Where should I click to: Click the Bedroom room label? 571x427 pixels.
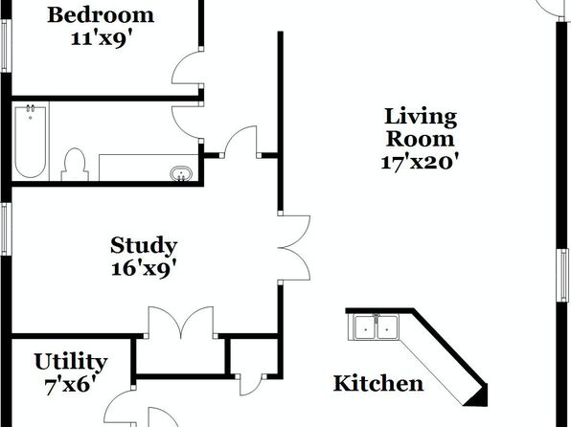click(101, 15)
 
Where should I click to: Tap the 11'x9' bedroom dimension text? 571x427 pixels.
click(101, 38)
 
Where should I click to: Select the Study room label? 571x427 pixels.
click(144, 246)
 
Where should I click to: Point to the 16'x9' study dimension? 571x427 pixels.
click(144, 269)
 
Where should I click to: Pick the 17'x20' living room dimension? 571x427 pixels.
click(420, 162)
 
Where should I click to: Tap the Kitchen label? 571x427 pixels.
click(378, 383)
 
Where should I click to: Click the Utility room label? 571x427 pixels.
click(71, 363)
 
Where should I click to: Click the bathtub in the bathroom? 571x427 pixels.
click(31, 142)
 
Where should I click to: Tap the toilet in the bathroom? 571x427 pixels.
click(75, 165)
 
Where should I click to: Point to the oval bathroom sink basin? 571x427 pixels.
click(181, 173)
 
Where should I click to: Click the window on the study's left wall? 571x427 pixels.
click(5, 229)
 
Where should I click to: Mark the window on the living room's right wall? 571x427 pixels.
click(563, 275)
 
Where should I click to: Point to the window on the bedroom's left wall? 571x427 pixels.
click(5, 46)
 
